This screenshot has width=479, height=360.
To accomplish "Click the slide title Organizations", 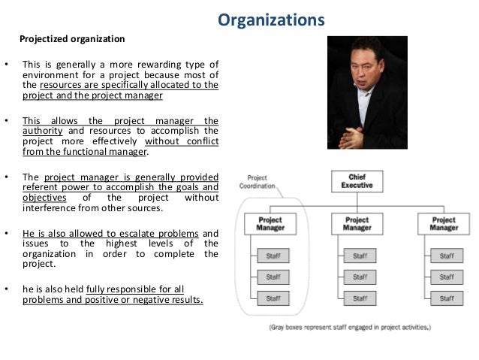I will pyautogui.click(x=271, y=19).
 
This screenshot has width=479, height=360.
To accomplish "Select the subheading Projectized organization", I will pyautogui.click(x=72, y=38).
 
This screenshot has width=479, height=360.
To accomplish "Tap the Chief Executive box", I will pyautogui.click(x=356, y=180).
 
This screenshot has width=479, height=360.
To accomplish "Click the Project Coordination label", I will pyautogui.click(x=258, y=182).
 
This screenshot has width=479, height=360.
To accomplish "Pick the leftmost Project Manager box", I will pyautogui.click(x=270, y=223).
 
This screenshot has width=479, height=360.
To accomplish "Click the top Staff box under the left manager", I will pyautogui.click(x=273, y=256).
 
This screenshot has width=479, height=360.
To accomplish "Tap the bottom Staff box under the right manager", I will pyautogui.click(x=446, y=298).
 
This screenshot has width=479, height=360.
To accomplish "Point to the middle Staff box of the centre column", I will pyautogui.click(x=359, y=277).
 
